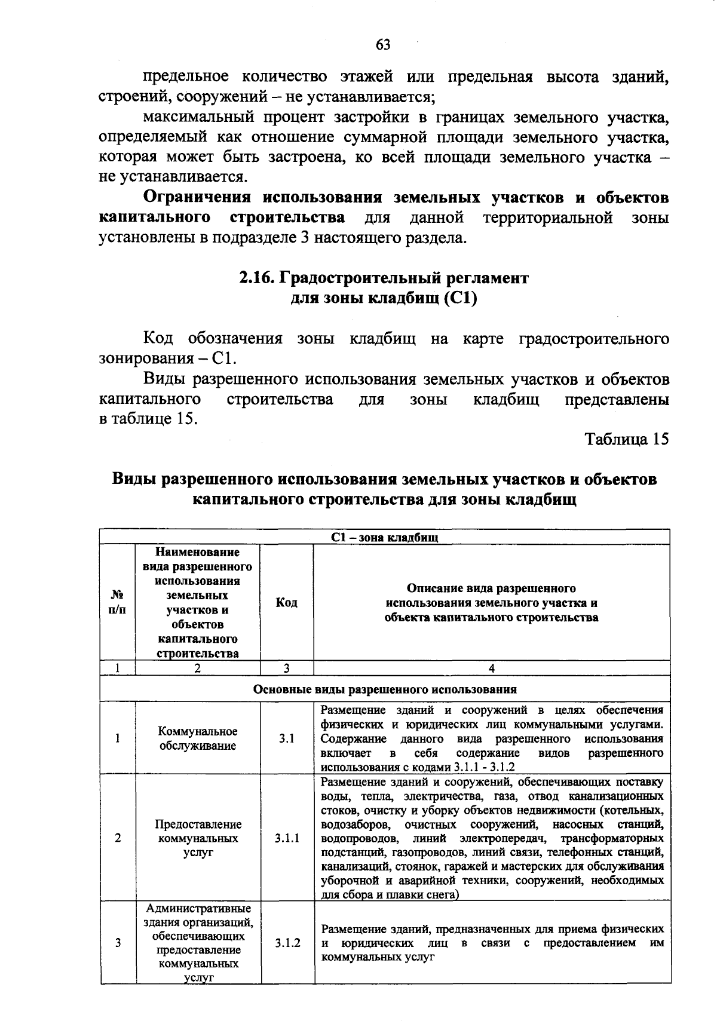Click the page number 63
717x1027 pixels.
383,45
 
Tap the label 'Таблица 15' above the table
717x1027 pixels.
627,439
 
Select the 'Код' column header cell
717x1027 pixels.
287,603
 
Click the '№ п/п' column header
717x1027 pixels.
118,603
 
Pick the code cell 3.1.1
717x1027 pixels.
287,838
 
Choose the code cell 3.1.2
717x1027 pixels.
287,943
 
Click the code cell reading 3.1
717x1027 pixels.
287,738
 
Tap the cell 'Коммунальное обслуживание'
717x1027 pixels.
198,738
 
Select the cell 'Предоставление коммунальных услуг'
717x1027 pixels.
198,838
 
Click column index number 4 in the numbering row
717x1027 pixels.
491,669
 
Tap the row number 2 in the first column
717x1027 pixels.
118,838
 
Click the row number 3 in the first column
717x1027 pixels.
118,943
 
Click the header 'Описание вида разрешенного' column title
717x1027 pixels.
491,588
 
